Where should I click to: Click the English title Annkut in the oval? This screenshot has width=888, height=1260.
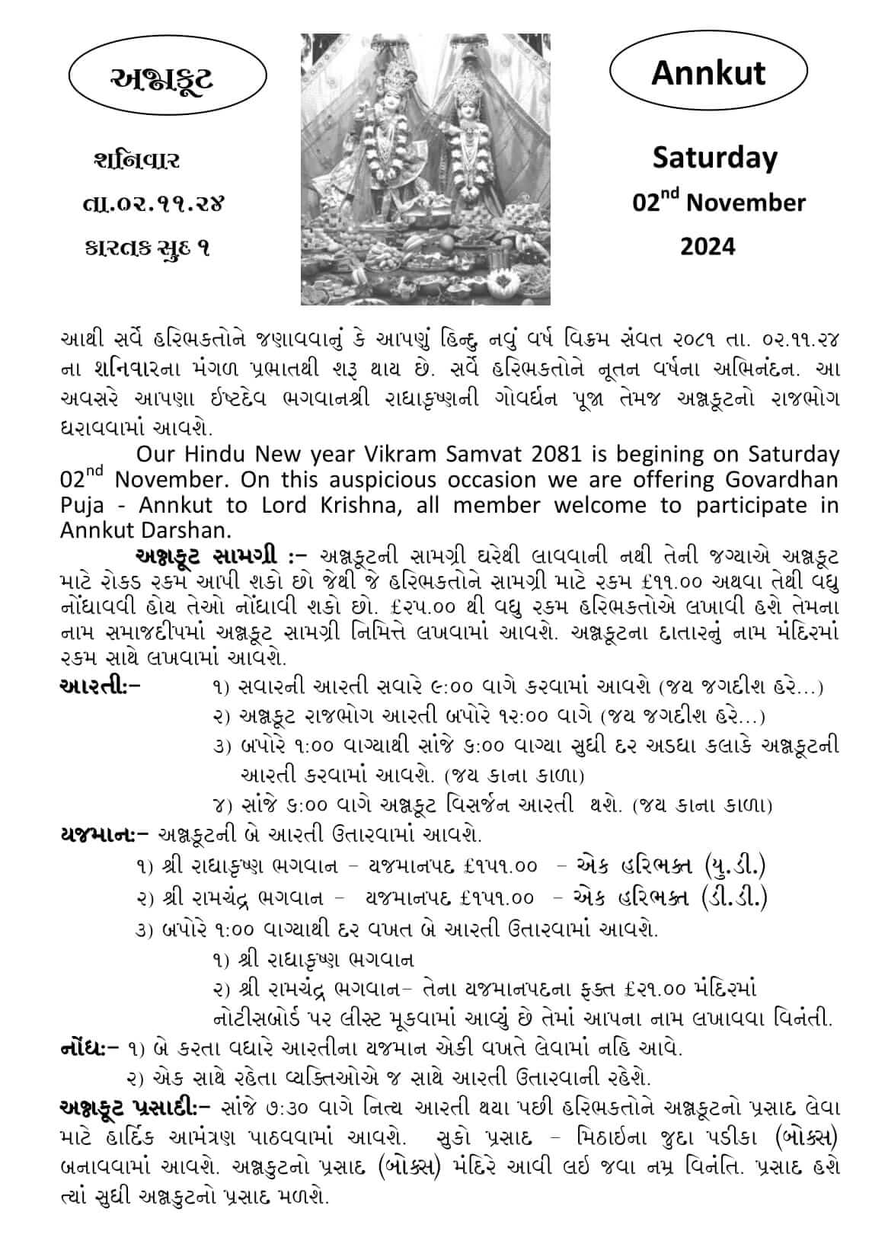(x=708, y=73)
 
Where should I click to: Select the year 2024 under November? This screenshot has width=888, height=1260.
(x=708, y=246)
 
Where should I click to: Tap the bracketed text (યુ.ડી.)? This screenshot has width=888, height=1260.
(x=735, y=865)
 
